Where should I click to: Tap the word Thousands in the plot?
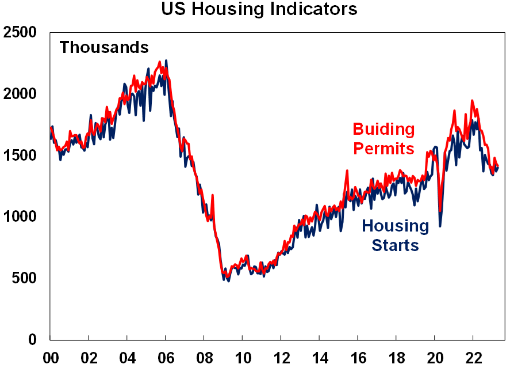coord(104,47)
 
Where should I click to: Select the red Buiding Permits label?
coord(383,139)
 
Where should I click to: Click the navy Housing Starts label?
coord(395,236)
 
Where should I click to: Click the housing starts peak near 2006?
coord(166,60)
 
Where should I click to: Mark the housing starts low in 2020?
coord(440,225)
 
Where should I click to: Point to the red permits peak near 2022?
coord(472,101)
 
